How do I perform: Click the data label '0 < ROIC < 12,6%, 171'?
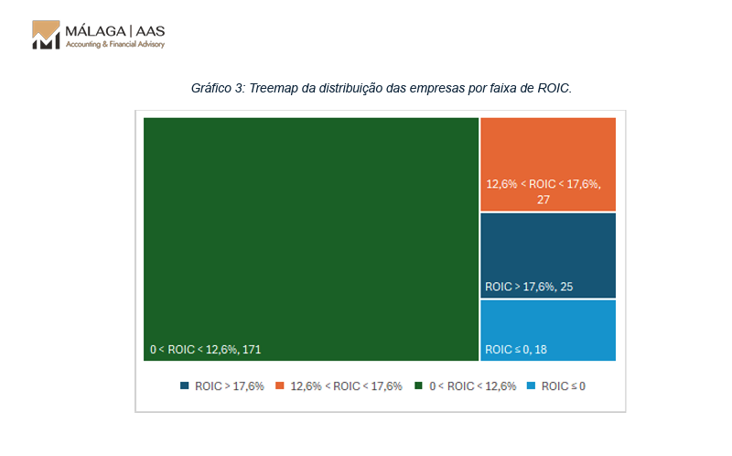point(206,349)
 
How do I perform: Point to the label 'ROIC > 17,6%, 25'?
point(529,287)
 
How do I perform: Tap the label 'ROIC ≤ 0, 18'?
point(516,349)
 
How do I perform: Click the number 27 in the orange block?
point(544,199)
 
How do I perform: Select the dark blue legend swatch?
point(185,386)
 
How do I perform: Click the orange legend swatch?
point(280,386)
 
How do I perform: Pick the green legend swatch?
point(419,386)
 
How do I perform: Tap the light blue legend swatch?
point(531,386)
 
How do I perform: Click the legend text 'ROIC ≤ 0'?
point(563,386)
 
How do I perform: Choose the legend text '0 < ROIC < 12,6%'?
point(472,386)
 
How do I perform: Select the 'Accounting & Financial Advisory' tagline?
point(114,44)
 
